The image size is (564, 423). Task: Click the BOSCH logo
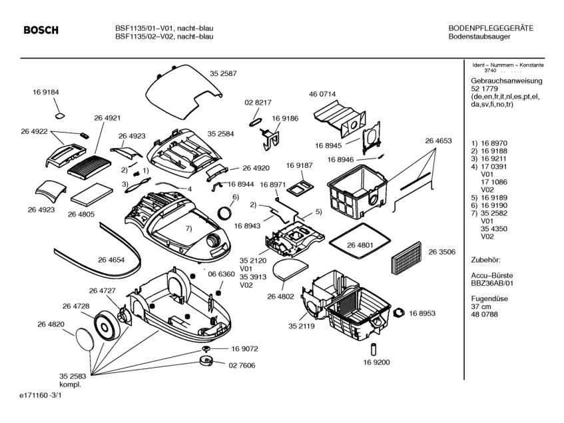click(x=41, y=31)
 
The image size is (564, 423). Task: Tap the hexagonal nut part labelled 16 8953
click(x=400, y=312)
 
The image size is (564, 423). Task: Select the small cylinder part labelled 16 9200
click(x=374, y=348)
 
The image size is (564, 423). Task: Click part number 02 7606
click(x=244, y=365)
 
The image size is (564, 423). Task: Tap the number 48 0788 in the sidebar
click(x=484, y=314)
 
